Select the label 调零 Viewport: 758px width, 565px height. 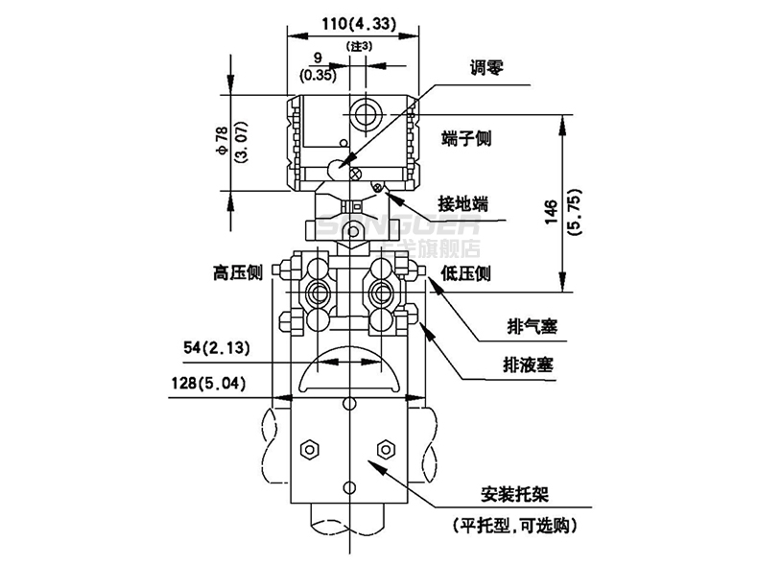pyautogui.click(x=486, y=68)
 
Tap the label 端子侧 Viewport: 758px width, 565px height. pyautogui.click(x=466, y=138)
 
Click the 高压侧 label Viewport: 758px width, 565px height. pyautogui.click(x=238, y=274)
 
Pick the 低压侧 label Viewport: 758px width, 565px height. pyautogui.click(x=466, y=274)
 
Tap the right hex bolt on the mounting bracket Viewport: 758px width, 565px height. pyautogui.click(x=387, y=448)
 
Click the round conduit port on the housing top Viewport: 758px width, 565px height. pyautogui.click(x=365, y=114)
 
